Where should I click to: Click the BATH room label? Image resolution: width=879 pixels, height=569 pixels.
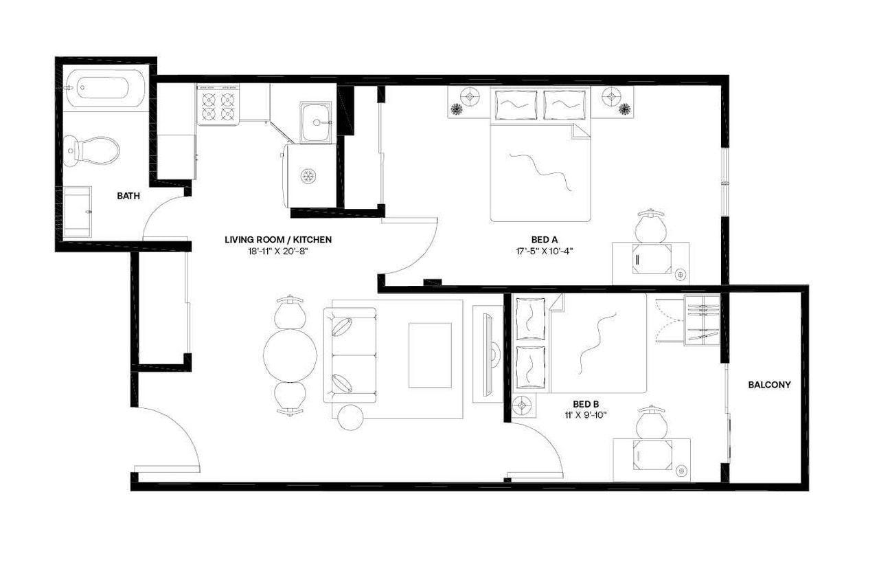coord(128,196)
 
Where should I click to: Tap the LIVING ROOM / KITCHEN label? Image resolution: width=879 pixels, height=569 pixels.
coord(278,240)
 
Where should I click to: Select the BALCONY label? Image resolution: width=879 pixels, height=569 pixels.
coord(768,385)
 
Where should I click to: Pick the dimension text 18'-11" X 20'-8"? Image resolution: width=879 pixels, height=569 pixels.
coord(278,251)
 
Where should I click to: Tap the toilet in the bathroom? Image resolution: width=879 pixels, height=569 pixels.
coord(91,150)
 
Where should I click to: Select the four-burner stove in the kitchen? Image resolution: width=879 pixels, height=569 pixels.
coord(218,106)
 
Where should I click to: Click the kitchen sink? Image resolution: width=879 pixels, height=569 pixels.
coord(316,122)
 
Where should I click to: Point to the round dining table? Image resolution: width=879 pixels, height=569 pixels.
coord(290,355)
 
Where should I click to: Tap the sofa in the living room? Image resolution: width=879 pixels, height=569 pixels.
coord(352,355)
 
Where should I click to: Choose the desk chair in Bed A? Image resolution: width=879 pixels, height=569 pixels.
coord(650,226)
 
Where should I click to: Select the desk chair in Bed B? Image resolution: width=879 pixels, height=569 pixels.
coord(651,423)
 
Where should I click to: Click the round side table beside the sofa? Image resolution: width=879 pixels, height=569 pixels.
coord(351,417)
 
